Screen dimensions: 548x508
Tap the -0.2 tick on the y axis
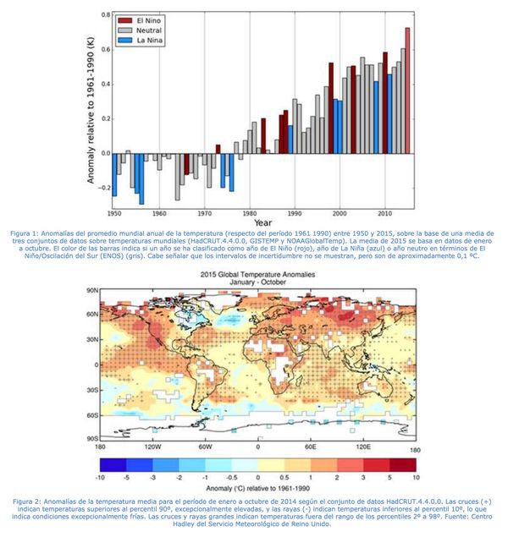click(102, 188)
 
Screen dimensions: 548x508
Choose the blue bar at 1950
click(114, 174)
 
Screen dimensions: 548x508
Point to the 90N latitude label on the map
click(91, 291)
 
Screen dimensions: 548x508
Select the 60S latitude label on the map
click(91, 415)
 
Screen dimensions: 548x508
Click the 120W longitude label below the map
click(152, 446)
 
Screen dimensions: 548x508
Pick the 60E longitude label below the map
click(310, 446)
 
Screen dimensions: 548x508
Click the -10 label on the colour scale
click(101, 478)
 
